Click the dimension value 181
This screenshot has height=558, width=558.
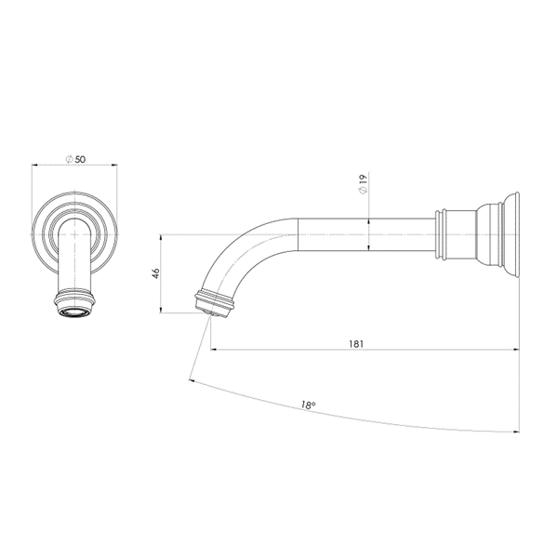[x=356, y=344]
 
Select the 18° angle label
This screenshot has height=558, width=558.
[x=308, y=405]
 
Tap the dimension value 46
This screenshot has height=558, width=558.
[x=156, y=273]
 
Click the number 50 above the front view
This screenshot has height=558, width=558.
[x=80, y=159]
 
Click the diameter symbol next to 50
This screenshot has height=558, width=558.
[x=70, y=159]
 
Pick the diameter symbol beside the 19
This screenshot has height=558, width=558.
[x=363, y=190]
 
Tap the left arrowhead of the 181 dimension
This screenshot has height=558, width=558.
[x=214, y=350]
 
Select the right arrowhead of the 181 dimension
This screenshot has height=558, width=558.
[x=516, y=350]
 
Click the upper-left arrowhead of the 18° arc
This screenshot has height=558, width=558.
[x=192, y=381]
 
